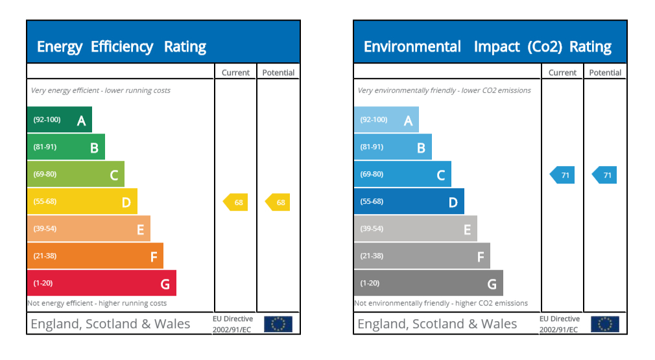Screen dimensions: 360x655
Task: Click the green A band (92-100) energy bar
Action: point(59,119)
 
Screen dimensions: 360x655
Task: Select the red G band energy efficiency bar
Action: point(101,283)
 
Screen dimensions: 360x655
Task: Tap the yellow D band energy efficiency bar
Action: point(82,201)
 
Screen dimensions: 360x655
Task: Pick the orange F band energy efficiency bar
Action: point(95,256)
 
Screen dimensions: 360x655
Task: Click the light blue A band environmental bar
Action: point(386,119)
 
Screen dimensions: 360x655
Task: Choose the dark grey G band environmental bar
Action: point(428,283)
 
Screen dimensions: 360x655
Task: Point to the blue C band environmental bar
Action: point(402,174)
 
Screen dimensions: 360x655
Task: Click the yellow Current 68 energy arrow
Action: point(236,202)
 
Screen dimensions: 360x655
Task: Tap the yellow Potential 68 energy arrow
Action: point(278,202)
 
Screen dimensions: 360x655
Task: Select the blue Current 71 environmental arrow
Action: point(563,175)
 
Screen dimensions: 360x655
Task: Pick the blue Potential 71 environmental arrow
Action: point(605,175)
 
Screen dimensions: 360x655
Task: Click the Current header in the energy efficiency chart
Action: point(235,73)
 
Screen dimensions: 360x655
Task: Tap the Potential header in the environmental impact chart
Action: point(605,73)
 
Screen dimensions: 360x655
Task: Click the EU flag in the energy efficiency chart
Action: point(278,324)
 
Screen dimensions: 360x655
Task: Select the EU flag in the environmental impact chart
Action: point(604,324)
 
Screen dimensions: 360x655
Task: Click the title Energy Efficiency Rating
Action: point(121,47)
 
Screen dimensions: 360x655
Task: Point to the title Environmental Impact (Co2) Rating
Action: point(487,47)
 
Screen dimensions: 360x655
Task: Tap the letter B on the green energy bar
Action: point(94,148)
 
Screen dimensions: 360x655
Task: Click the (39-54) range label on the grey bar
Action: point(372,228)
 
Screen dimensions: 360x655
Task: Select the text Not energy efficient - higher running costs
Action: point(97,303)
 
